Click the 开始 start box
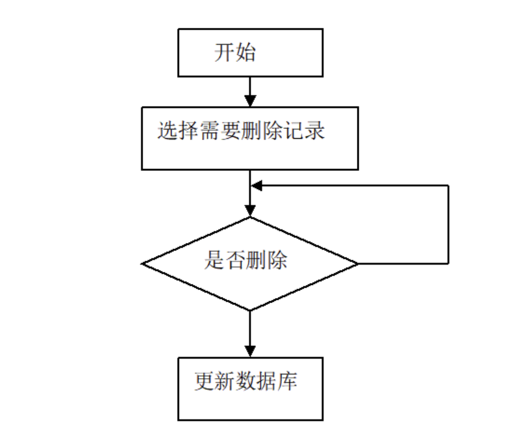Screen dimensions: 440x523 pyautogui.click(x=250, y=53)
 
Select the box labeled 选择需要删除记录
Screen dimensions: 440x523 pyautogui.click(x=250, y=138)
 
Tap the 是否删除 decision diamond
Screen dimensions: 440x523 pyautogui.click(x=250, y=263)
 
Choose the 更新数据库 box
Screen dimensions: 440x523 pyautogui.click(x=250, y=389)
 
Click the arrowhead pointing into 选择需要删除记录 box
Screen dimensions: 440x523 pyautogui.click(x=250, y=101)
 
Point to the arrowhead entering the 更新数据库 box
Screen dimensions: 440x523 pyautogui.click(x=250, y=351)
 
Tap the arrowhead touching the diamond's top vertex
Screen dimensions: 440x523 pyautogui.click(x=250, y=210)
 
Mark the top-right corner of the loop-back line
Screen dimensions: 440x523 pyautogui.click(x=448, y=185)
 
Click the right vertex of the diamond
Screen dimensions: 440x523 pyautogui.click(x=358, y=264)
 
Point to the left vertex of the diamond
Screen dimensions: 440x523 pyautogui.click(x=143, y=264)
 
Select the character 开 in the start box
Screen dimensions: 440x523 pyautogui.click(x=224, y=53)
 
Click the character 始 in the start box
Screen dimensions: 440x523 pyautogui.click(x=245, y=53)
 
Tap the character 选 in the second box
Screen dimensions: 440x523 pyautogui.click(x=167, y=131)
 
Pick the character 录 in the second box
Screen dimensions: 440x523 pyautogui.click(x=315, y=131)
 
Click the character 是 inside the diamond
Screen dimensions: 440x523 pyautogui.click(x=214, y=260)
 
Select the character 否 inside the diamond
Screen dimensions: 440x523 pyautogui.click(x=235, y=260)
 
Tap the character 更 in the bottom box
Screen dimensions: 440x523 pyautogui.click(x=204, y=382)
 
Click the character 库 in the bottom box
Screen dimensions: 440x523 pyautogui.click(x=287, y=382)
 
